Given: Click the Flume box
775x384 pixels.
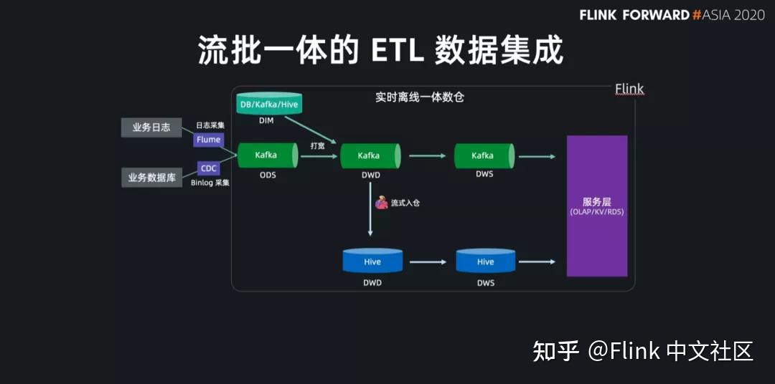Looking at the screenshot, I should pos(208,140).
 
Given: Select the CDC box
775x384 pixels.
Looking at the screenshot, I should pos(208,168).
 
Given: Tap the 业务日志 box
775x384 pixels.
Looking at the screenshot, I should pos(151,128).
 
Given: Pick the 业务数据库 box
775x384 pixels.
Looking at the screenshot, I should pos(151,178).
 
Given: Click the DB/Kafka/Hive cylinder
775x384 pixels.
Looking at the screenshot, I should pos(269,105).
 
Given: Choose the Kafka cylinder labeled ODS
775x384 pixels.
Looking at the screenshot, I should pos(266,155).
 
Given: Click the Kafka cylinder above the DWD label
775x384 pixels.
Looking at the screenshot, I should pos(369,155).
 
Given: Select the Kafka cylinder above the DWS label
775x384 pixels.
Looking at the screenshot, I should pos(483,155).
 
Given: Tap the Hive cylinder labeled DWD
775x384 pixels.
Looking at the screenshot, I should pos(372,261).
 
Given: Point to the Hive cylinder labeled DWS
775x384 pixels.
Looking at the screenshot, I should pos(486,261).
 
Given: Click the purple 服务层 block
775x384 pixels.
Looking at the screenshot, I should pos(597,206).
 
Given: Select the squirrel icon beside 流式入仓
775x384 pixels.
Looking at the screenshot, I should pos(382,203).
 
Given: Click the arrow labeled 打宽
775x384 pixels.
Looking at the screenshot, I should pos(319,155).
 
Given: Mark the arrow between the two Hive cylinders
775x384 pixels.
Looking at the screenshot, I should pos(428,261).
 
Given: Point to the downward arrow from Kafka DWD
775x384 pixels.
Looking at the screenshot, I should pos(370,208).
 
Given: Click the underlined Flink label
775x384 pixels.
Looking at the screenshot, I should pos(629,89).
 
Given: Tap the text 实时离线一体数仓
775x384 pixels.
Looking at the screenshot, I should pos(420,97).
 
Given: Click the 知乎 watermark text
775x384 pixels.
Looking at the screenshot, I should pos(555,351).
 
